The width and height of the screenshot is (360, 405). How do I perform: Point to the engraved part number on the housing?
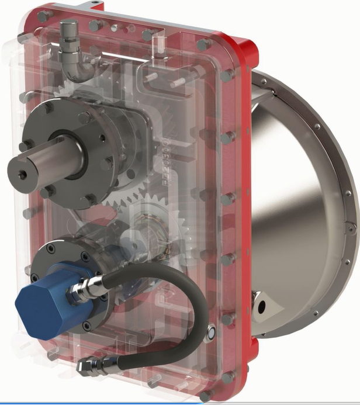(x=165, y=158)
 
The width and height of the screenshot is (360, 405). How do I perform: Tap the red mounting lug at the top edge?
(x=91, y=5)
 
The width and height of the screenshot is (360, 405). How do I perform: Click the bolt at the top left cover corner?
(x=43, y=16)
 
